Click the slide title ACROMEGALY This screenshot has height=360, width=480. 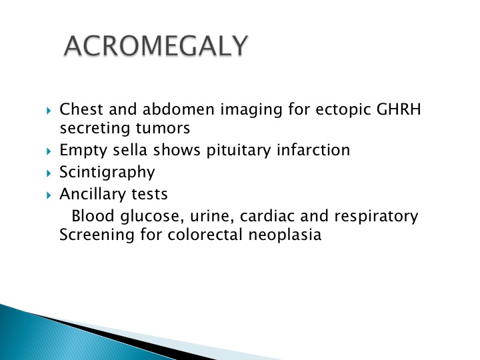[156, 46]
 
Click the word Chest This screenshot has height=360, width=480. [81, 109]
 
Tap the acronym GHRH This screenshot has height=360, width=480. [399, 109]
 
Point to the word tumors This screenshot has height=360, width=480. [163, 128]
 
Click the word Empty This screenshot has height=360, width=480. [83, 151]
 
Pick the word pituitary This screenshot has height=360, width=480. [239, 151]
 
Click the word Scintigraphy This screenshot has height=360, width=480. [107, 173]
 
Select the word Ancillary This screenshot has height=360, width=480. [93, 195]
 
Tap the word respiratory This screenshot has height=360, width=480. [376, 217]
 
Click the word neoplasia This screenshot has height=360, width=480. [285, 235]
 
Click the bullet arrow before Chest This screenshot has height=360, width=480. [49, 111]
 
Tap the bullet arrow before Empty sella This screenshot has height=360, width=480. [49, 151]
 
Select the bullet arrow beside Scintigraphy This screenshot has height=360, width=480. [49, 173]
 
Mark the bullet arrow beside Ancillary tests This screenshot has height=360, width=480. [49, 195]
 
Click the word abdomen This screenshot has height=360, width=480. [178, 109]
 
